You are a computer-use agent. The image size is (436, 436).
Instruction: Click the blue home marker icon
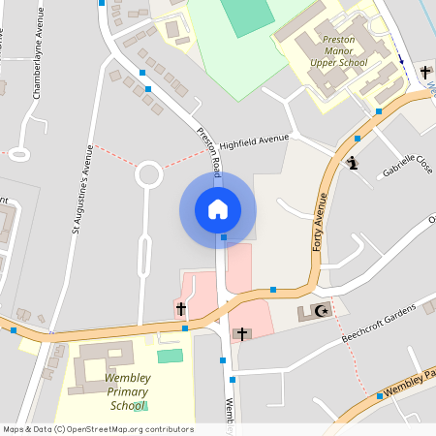[217, 209]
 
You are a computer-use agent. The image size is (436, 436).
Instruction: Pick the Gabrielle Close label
[407, 171]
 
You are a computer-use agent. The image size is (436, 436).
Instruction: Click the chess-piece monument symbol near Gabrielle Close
[354, 162]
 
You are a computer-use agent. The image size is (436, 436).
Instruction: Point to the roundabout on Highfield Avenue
[148, 174]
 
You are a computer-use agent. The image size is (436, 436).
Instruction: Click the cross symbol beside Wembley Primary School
[180, 309]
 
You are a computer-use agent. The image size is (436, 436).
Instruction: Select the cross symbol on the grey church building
[241, 334]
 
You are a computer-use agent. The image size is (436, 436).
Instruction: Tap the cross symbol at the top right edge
[424, 72]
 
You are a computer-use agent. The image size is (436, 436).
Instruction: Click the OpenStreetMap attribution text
[98, 429]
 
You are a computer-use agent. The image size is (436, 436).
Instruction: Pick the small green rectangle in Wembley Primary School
[170, 357]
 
